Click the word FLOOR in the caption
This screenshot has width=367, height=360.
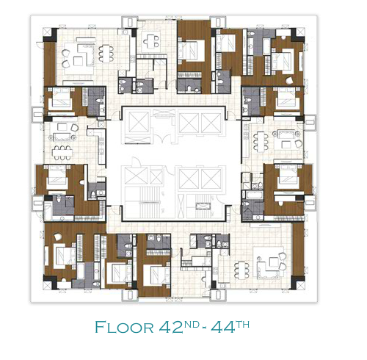[124, 327]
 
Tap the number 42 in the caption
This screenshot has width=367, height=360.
[171, 327]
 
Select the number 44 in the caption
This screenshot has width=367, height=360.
[223, 327]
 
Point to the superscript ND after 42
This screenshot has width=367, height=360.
[191, 324]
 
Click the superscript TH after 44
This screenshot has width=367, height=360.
[242, 324]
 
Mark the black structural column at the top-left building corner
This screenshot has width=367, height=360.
[51, 35]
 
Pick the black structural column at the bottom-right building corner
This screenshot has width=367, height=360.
[298, 282]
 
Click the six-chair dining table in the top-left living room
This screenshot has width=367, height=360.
[106, 54]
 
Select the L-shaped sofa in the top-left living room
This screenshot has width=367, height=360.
[86, 54]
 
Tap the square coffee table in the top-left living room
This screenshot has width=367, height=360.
[79, 61]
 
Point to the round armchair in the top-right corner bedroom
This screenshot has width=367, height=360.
[289, 80]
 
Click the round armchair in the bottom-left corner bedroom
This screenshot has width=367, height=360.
[58, 237]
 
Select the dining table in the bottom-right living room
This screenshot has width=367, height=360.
[241, 270]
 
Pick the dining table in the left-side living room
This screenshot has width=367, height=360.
[62, 153]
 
